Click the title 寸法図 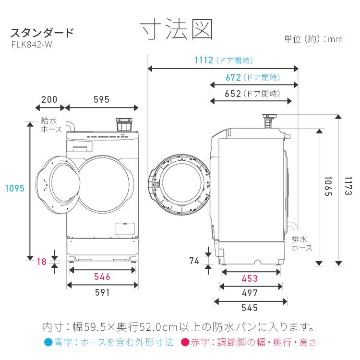[x=177, y=30]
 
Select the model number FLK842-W [x=32, y=44]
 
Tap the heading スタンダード [x=42, y=33]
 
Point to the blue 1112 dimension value [x=204, y=60]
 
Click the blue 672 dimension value [x=233, y=77]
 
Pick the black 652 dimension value [x=233, y=94]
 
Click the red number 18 [x=42, y=261]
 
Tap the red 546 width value [x=102, y=277]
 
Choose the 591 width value [x=102, y=293]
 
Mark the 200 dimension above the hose [x=49, y=100]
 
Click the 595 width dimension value [x=102, y=100]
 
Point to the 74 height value [x=194, y=261]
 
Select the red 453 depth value [x=249, y=278]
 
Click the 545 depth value [x=249, y=308]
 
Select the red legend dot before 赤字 [x=184, y=343]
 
